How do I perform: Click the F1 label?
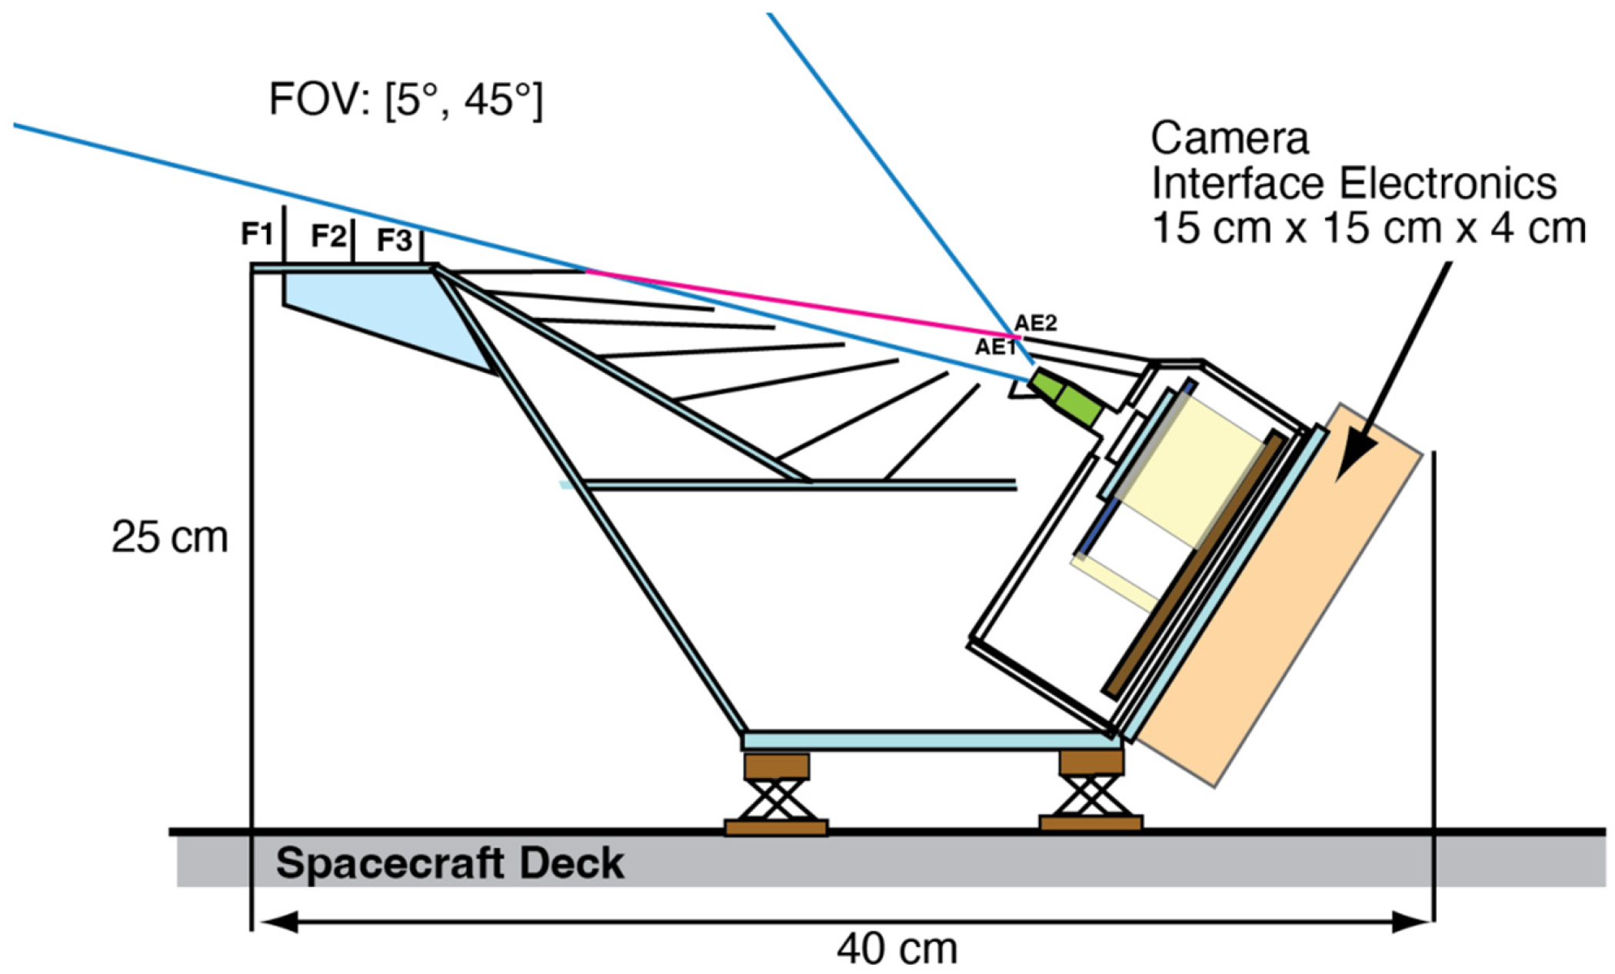coord(257,234)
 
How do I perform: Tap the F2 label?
coord(328,236)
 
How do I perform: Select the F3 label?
coord(395,241)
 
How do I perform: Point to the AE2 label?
coord(1036,323)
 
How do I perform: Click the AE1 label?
coord(995,347)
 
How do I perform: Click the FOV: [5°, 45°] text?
coord(405,100)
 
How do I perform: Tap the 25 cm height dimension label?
coord(170,537)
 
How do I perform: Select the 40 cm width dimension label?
coord(897,949)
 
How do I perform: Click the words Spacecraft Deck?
coord(450,863)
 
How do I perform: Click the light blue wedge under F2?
coord(385,307)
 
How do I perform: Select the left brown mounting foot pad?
coord(776,828)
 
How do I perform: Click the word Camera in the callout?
coord(1229,139)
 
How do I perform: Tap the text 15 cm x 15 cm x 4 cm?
coord(1368,228)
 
